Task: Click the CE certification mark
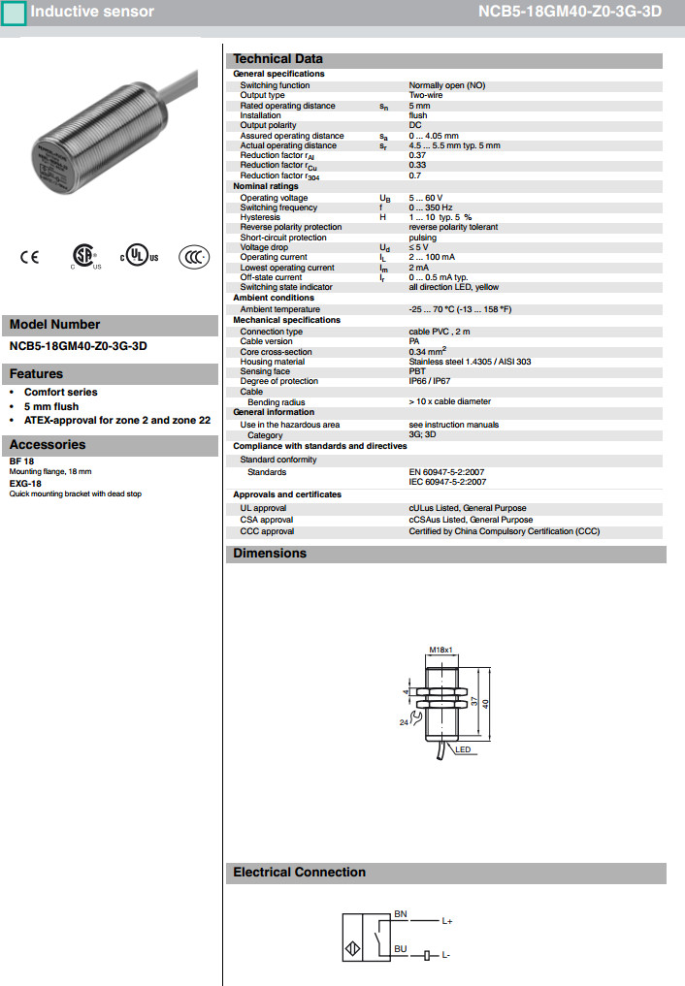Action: click(x=30, y=257)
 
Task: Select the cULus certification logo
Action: click(x=138, y=257)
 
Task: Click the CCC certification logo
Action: click(x=194, y=257)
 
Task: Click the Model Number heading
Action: click(x=55, y=325)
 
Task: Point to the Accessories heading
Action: click(x=48, y=445)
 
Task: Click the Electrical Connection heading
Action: click(x=299, y=873)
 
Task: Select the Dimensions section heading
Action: click(x=270, y=554)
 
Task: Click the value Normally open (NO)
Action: click(x=446, y=85)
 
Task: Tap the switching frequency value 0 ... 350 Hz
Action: click(x=431, y=207)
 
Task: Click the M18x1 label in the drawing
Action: click(x=441, y=651)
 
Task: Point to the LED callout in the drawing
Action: click(x=463, y=750)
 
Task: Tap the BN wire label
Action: click(x=401, y=914)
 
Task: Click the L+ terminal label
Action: click(x=447, y=921)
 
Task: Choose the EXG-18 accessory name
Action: click(x=25, y=483)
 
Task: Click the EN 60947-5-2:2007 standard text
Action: click(x=447, y=472)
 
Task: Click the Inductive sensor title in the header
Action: click(x=92, y=12)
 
